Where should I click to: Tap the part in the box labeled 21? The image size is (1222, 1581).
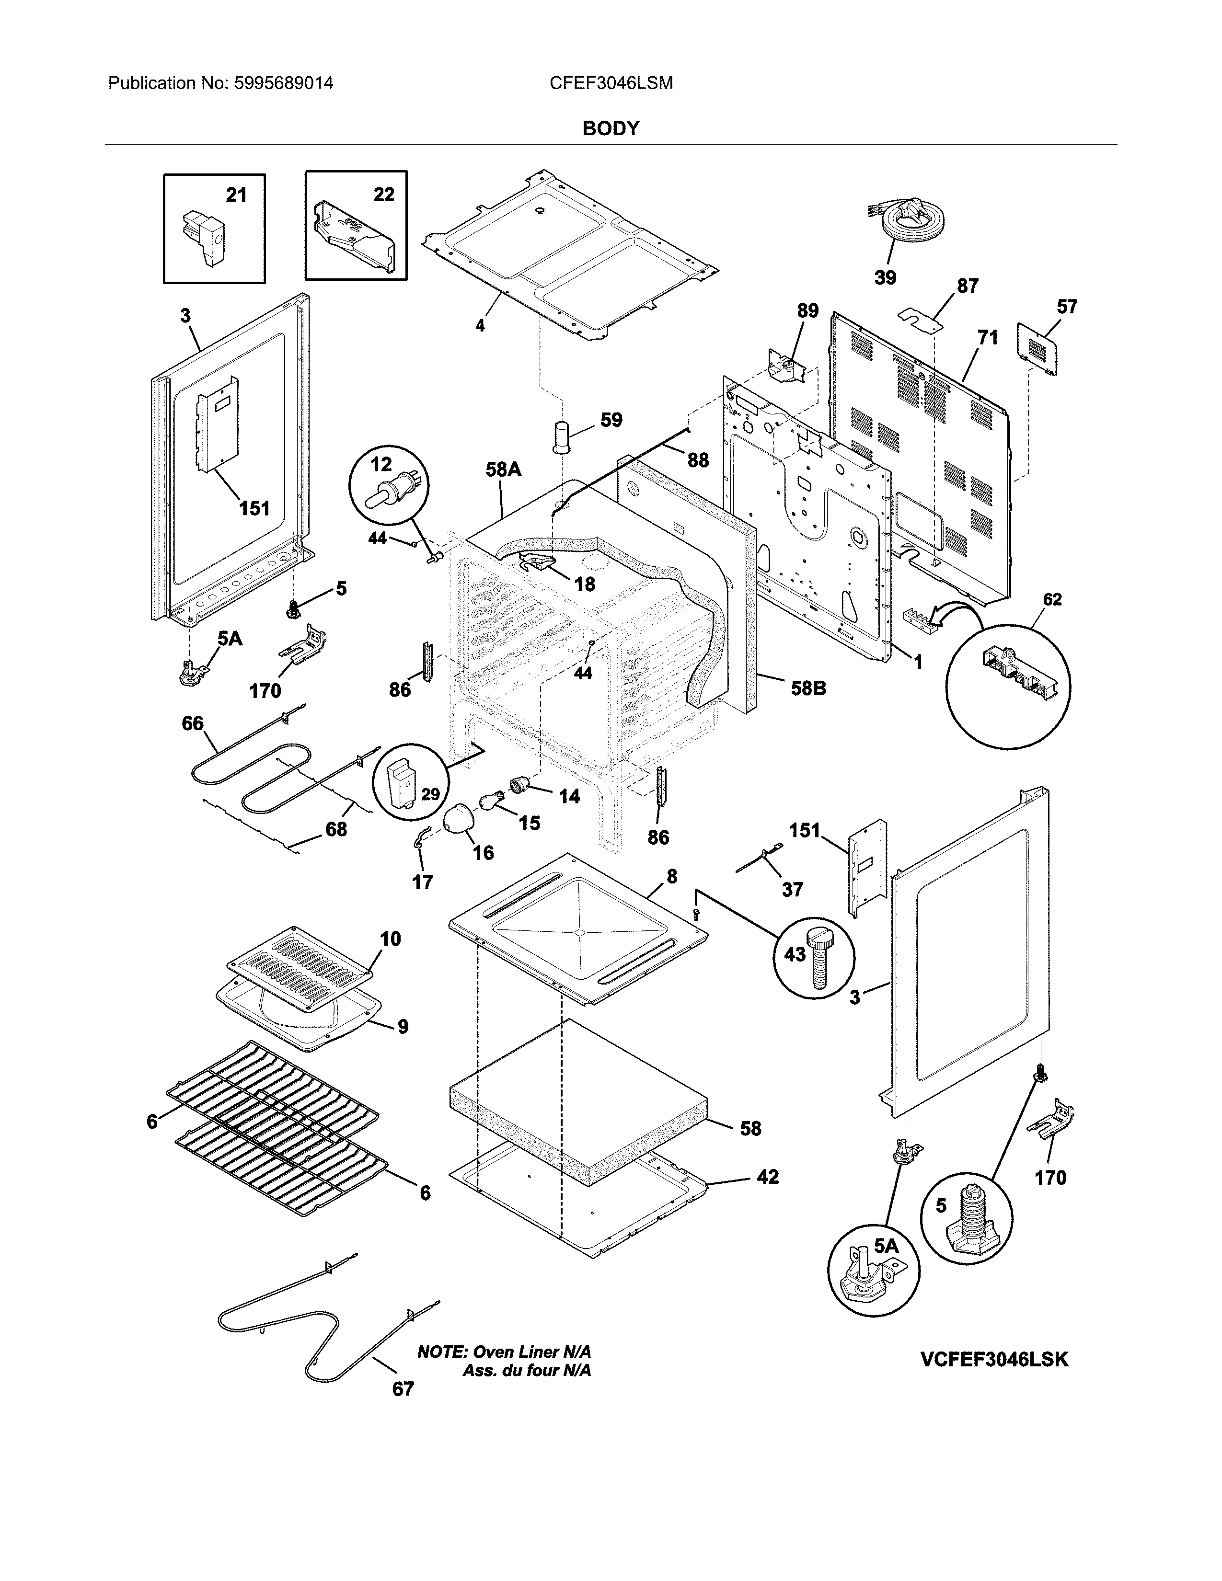tap(206, 238)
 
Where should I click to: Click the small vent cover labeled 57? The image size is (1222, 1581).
tap(1037, 349)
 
